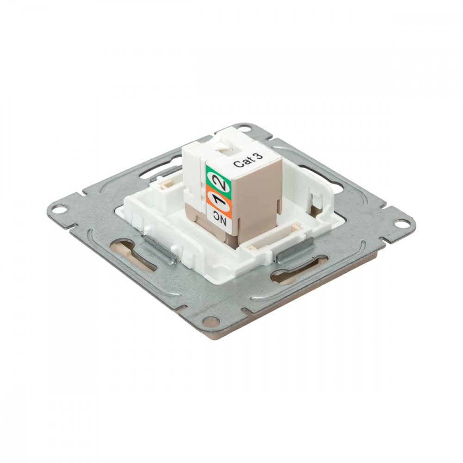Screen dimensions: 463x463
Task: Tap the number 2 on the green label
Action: [x=219, y=182]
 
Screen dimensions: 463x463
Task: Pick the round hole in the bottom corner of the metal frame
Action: [x=211, y=321]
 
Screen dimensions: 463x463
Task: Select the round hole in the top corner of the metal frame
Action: [x=244, y=129]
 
